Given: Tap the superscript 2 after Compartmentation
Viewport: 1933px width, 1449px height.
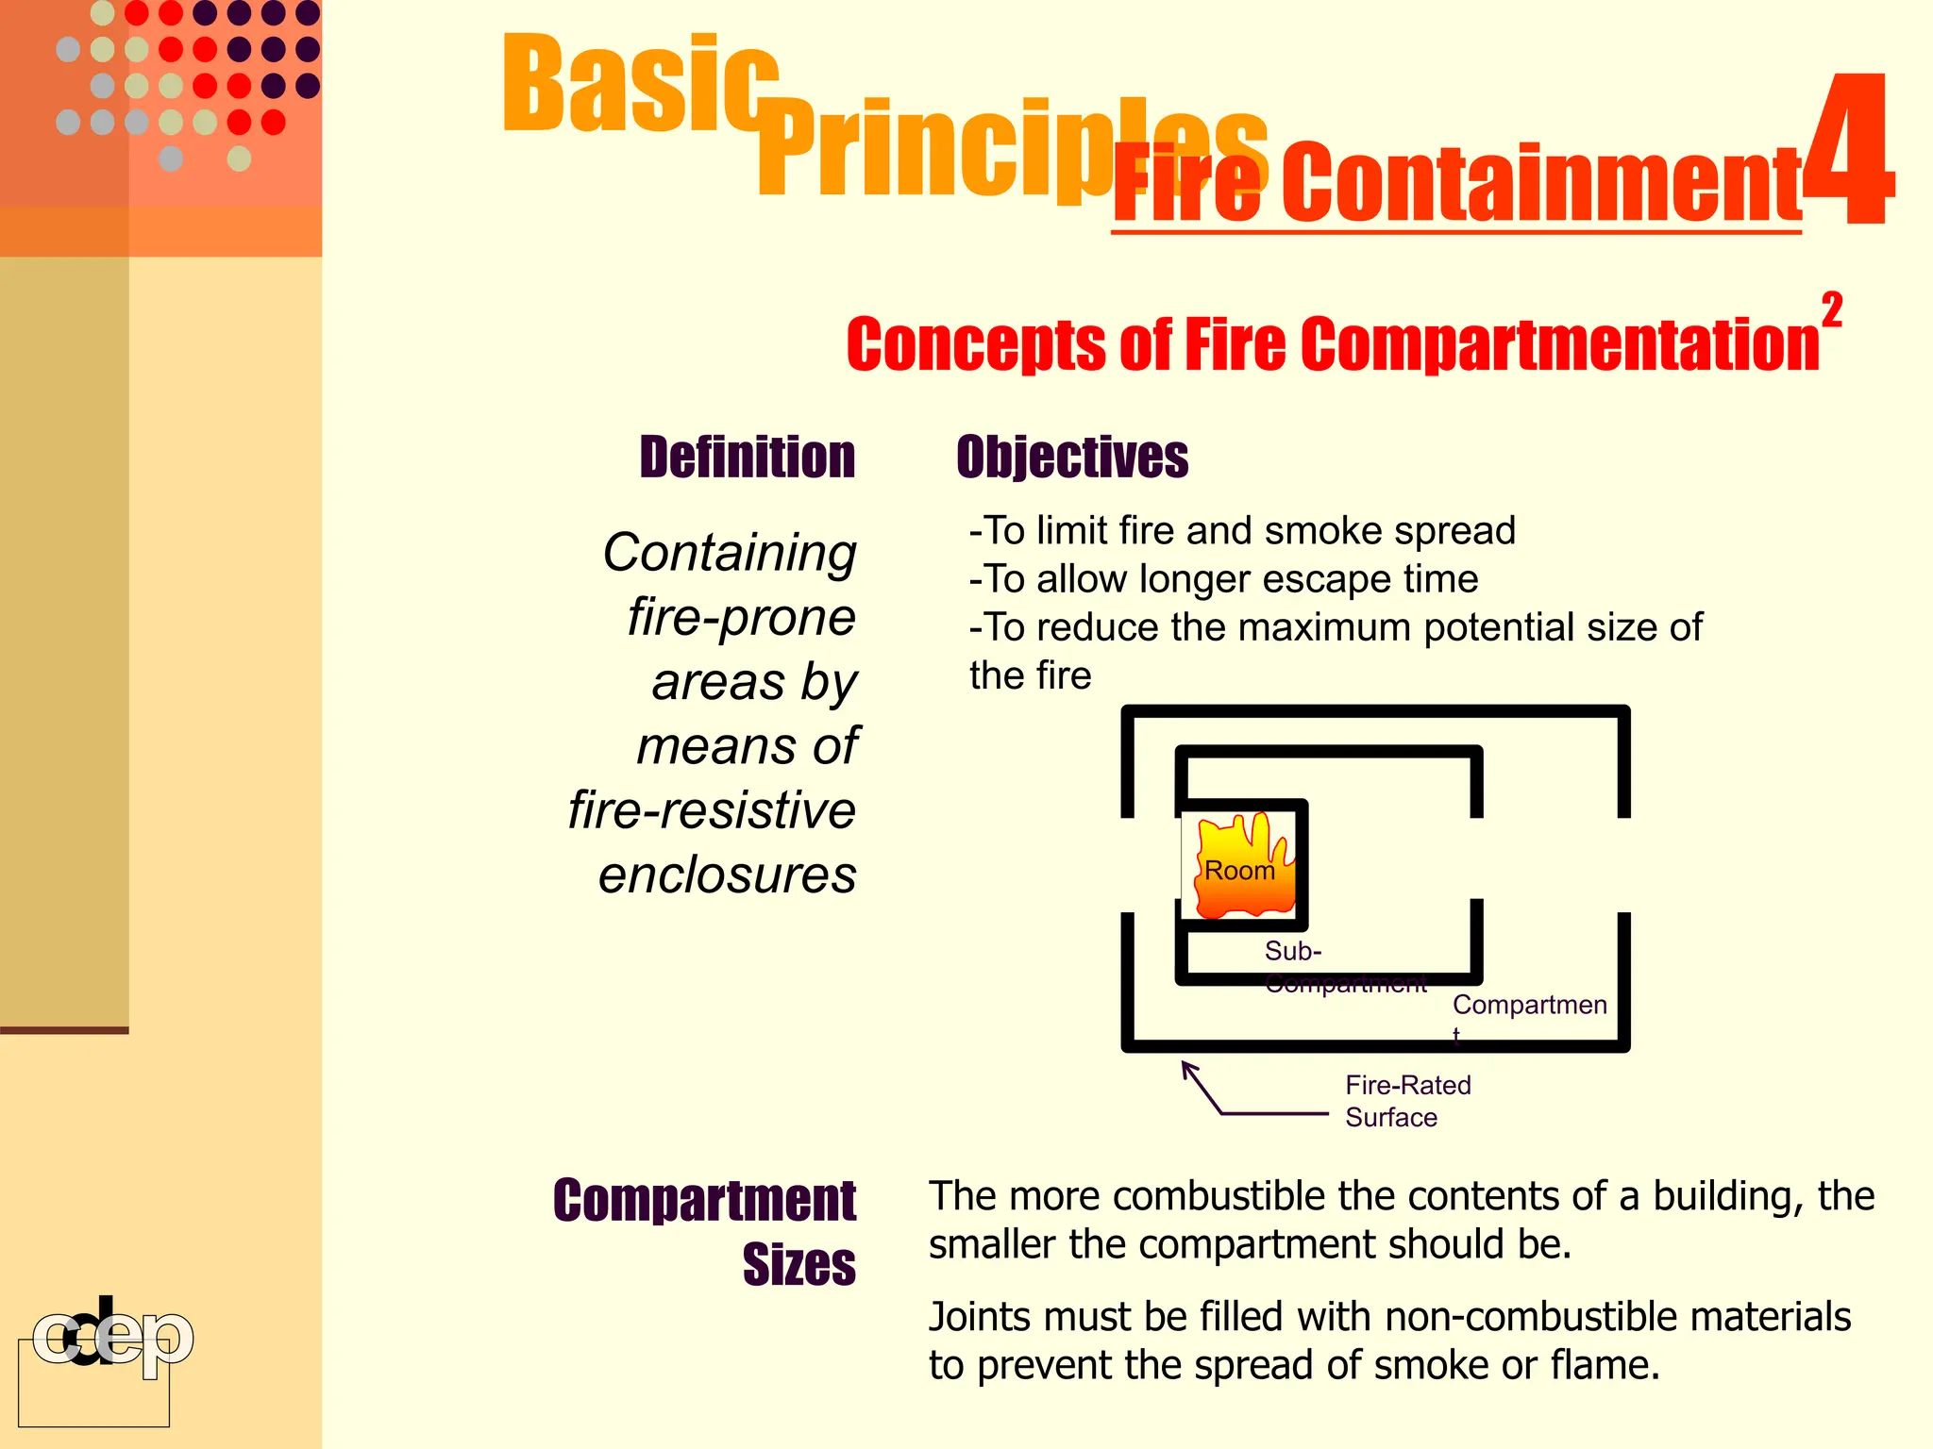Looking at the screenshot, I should coord(1831,310).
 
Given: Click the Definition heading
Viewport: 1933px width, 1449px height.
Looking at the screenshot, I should coord(747,458).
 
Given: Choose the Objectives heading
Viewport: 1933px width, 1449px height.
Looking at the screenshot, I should coord(1072,458).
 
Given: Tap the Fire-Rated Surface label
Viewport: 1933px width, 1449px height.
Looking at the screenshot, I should coord(1406,1101).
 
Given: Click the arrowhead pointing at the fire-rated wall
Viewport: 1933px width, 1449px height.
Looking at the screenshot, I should coord(1188,1069).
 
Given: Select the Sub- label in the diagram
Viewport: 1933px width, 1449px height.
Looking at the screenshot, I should coord(1292,951).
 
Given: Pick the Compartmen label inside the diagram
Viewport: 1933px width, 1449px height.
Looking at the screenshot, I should coord(1529,1005).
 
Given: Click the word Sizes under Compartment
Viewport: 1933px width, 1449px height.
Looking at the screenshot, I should coord(798,1264).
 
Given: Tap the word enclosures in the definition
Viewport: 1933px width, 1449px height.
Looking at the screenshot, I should coord(727,874).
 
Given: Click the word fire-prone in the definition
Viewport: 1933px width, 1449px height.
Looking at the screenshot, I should coord(742,617).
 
